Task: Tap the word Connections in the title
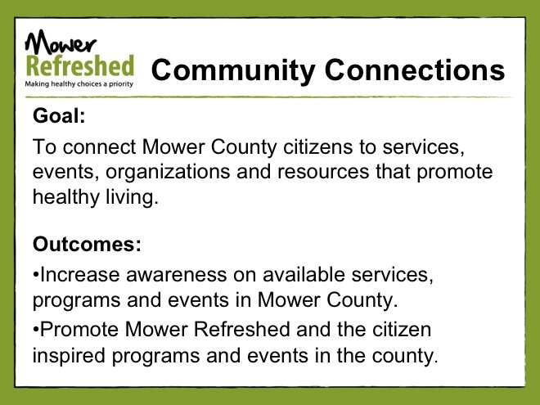point(415,70)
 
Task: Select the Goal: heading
point(59,115)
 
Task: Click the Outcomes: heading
point(87,244)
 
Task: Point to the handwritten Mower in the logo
point(61,42)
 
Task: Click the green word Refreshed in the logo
point(80,65)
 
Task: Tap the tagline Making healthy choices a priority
point(79,83)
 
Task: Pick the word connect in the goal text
point(100,147)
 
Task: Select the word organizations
point(168,172)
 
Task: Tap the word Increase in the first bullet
point(80,274)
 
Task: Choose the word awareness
point(177,275)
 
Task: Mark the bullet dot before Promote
point(36,331)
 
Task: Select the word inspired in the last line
point(69,356)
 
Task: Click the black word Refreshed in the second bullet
point(241,329)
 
